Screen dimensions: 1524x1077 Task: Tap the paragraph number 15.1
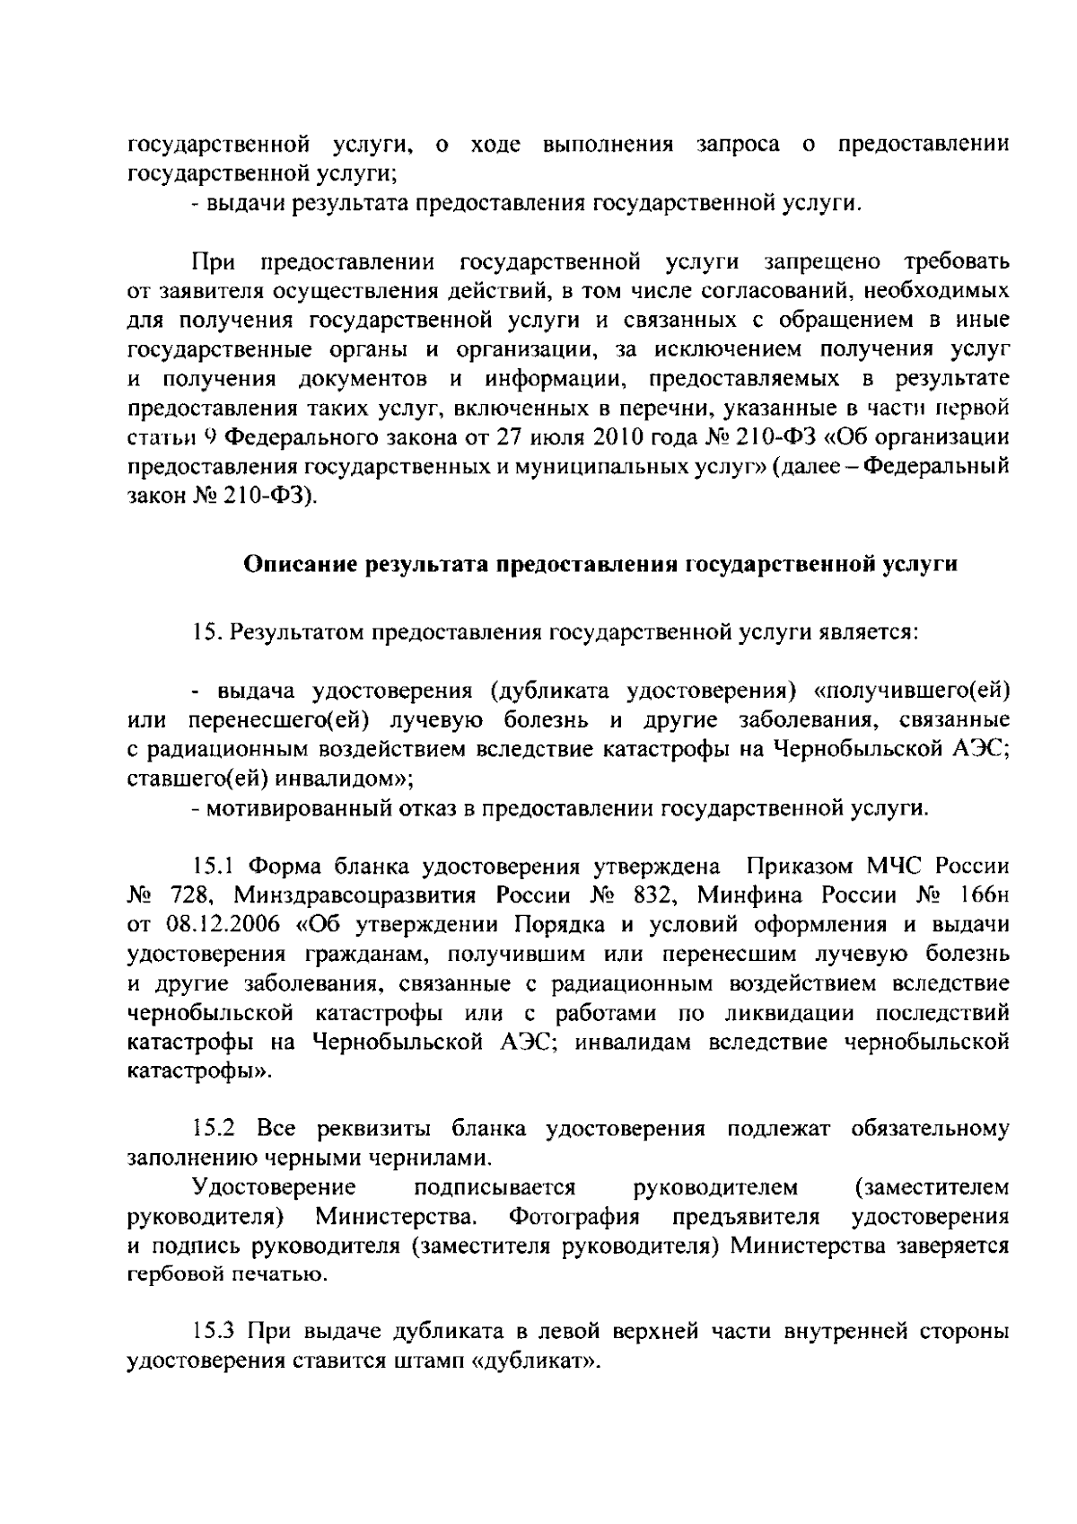pyautogui.click(x=213, y=867)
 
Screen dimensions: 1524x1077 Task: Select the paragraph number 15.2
pyautogui.click(x=215, y=1127)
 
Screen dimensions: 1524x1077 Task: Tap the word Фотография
pyautogui.click(x=574, y=1217)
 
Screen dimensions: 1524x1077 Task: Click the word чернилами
pyautogui.click(x=430, y=1157)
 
